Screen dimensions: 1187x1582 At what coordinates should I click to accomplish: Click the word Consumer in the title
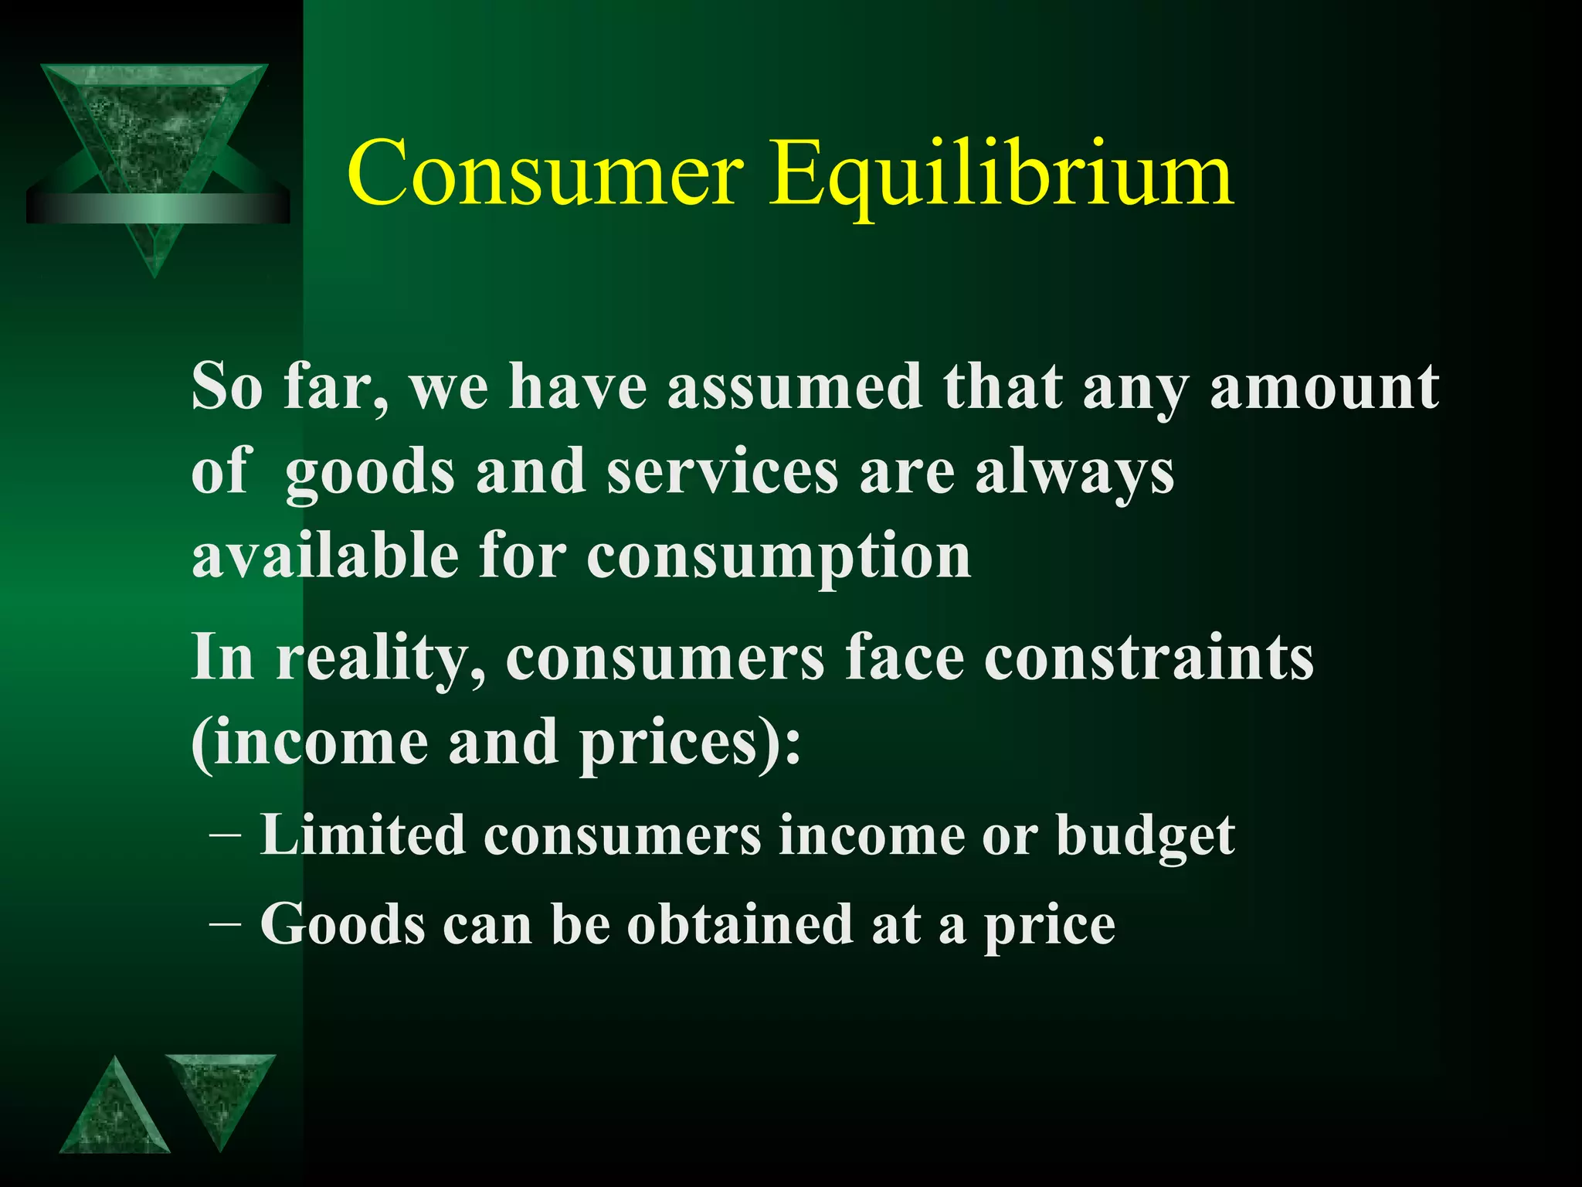point(545,173)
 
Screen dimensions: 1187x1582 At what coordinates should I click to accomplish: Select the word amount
point(1324,386)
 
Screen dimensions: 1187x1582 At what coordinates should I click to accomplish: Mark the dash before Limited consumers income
point(224,836)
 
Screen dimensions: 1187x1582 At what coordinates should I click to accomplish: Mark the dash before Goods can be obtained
point(224,925)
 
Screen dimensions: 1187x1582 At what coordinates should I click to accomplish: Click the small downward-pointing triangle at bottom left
point(220,1093)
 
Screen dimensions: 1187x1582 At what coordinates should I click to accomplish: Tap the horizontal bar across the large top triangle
point(158,208)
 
